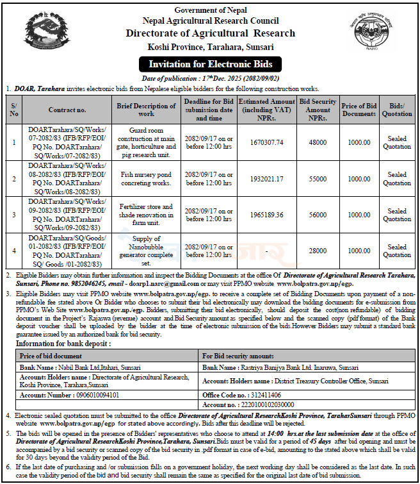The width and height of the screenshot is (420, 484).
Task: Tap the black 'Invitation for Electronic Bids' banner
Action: click(211, 64)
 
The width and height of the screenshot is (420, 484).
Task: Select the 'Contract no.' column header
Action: click(67, 110)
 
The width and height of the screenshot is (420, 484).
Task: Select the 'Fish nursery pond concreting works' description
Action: click(146, 179)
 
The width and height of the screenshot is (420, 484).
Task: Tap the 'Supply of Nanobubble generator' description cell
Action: click(146, 251)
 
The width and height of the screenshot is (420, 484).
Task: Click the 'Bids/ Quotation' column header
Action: click(396, 110)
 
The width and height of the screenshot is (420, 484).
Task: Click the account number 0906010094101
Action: click(89, 396)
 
